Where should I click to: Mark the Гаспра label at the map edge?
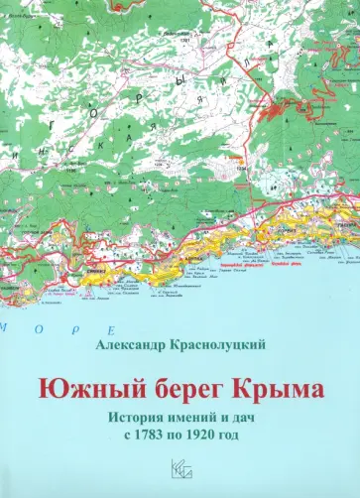click(344, 224)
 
